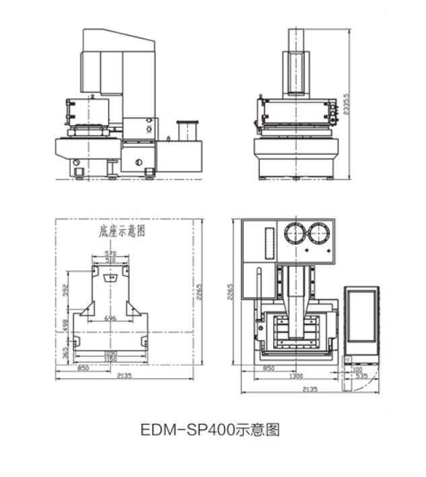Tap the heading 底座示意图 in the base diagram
point(122,231)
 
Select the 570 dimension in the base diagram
point(111,253)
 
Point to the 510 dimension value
point(111,260)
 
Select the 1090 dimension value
point(111,354)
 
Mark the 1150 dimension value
point(111,361)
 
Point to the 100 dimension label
point(356,369)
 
